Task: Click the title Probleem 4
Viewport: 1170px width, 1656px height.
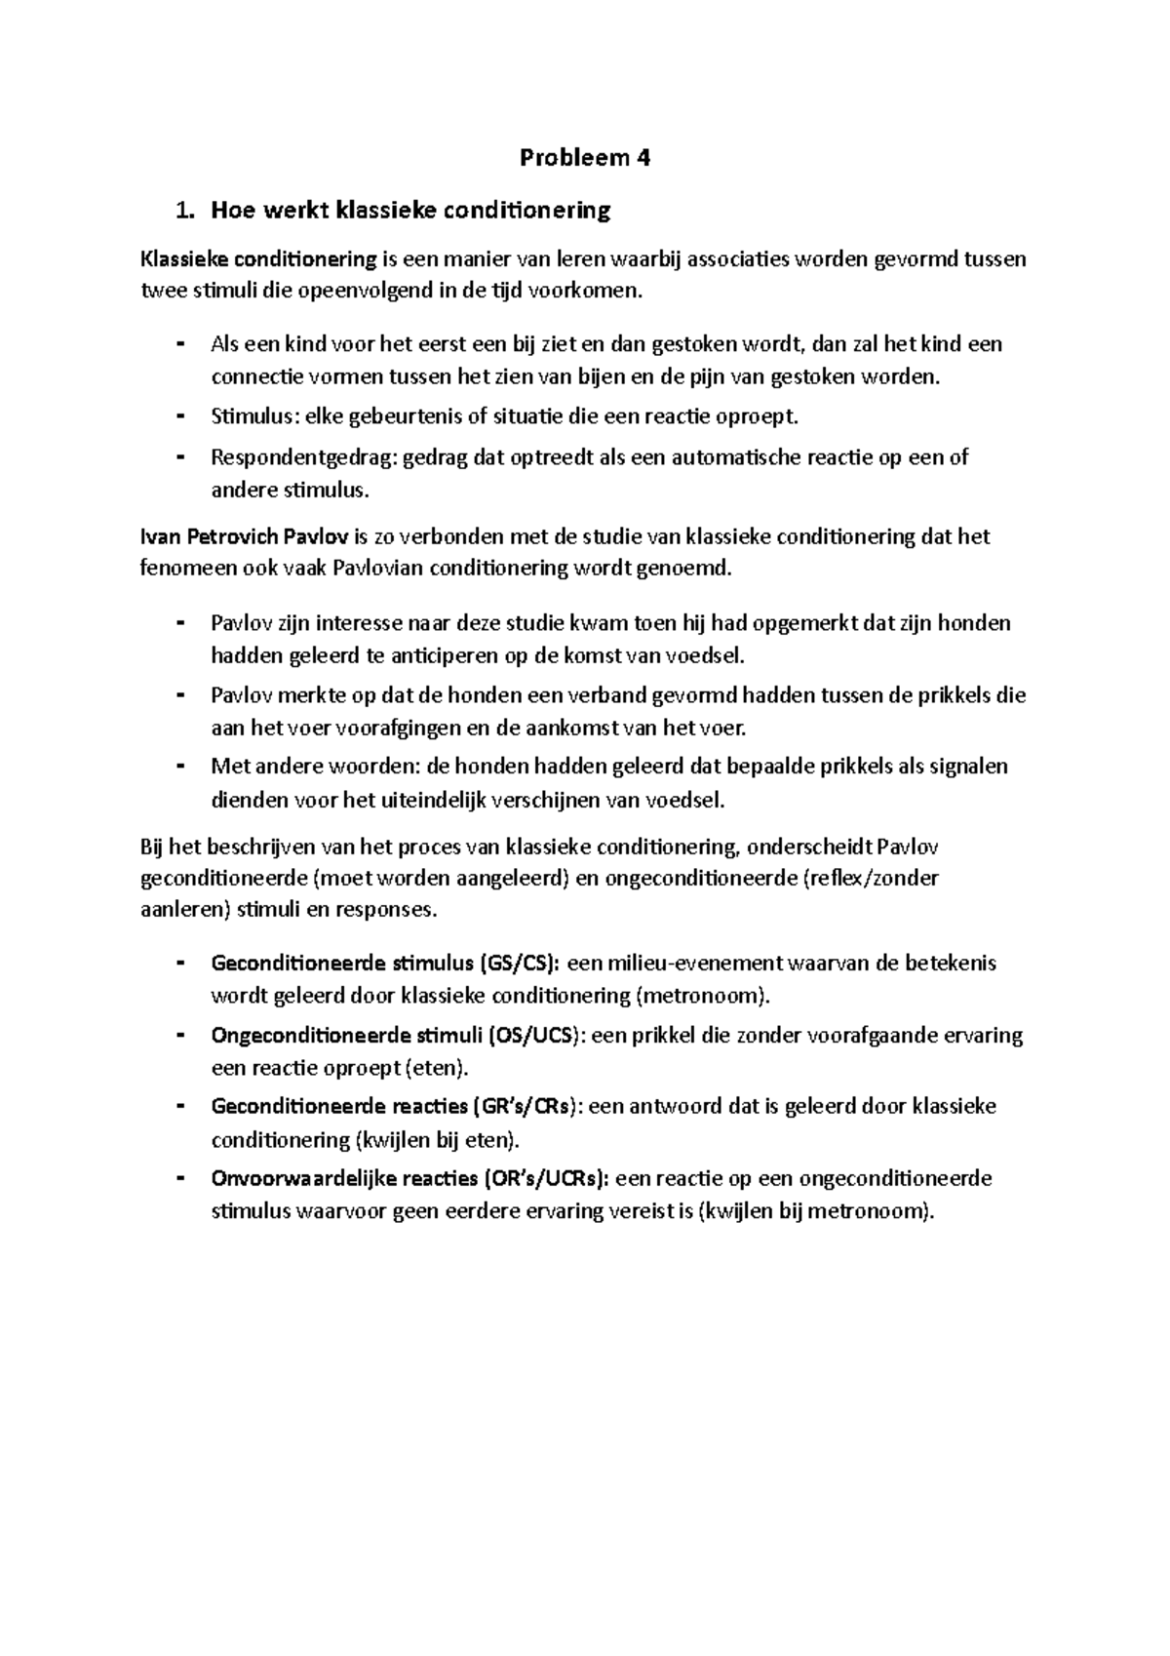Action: tap(584, 158)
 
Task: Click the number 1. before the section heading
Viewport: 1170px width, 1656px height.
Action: tap(181, 210)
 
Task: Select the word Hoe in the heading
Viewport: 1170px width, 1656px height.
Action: tap(234, 210)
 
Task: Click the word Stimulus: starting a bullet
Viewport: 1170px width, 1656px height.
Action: tap(255, 416)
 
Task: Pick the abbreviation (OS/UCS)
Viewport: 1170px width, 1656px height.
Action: tap(534, 1035)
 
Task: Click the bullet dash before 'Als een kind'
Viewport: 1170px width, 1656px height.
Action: tap(181, 343)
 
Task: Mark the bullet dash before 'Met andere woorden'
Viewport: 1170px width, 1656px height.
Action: tap(181, 767)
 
